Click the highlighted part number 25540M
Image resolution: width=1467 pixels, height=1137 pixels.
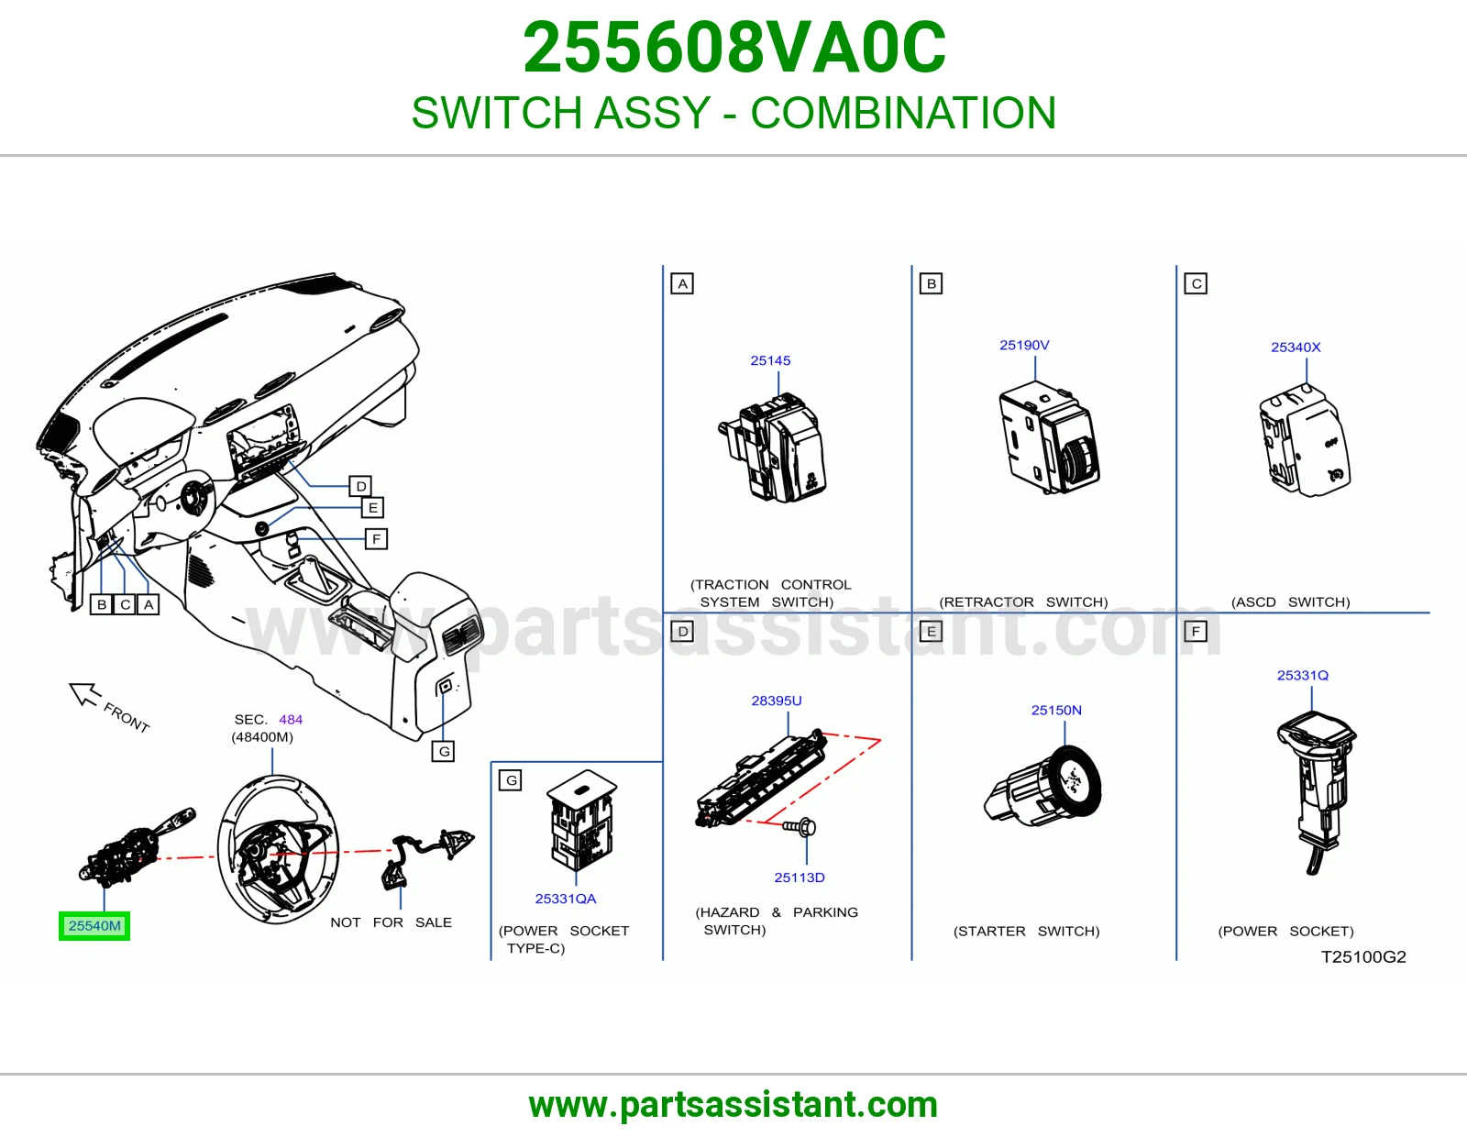coord(94,926)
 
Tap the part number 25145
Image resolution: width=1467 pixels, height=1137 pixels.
coord(770,360)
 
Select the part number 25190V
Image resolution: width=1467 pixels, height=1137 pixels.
coord(1024,345)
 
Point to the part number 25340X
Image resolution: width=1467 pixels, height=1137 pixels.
coord(1296,347)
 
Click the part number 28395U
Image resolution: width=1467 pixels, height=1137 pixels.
coord(777,701)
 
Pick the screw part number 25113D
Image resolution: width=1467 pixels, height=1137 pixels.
coord(800,878)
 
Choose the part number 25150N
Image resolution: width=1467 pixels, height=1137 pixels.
coord(1056,711)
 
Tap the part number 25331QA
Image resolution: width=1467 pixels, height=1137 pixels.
coord(565,899)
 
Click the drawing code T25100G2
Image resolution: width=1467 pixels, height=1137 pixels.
coord(1363,956)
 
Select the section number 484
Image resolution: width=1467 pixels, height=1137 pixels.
coord(291,720)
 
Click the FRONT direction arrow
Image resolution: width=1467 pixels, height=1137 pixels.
coord(84,693)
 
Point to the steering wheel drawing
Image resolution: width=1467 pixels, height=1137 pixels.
coord(278,849)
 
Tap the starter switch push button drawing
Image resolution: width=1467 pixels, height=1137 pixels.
coord(1043,786)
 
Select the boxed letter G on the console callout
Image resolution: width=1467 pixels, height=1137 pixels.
coord(444,752)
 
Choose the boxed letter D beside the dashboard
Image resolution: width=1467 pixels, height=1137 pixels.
coord(360,486)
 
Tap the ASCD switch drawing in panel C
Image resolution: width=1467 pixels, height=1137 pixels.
coord(1305,440)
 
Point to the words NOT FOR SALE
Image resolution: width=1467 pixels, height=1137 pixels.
coord(391,922)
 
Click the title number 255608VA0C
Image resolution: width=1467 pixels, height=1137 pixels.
coord(733,48)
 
